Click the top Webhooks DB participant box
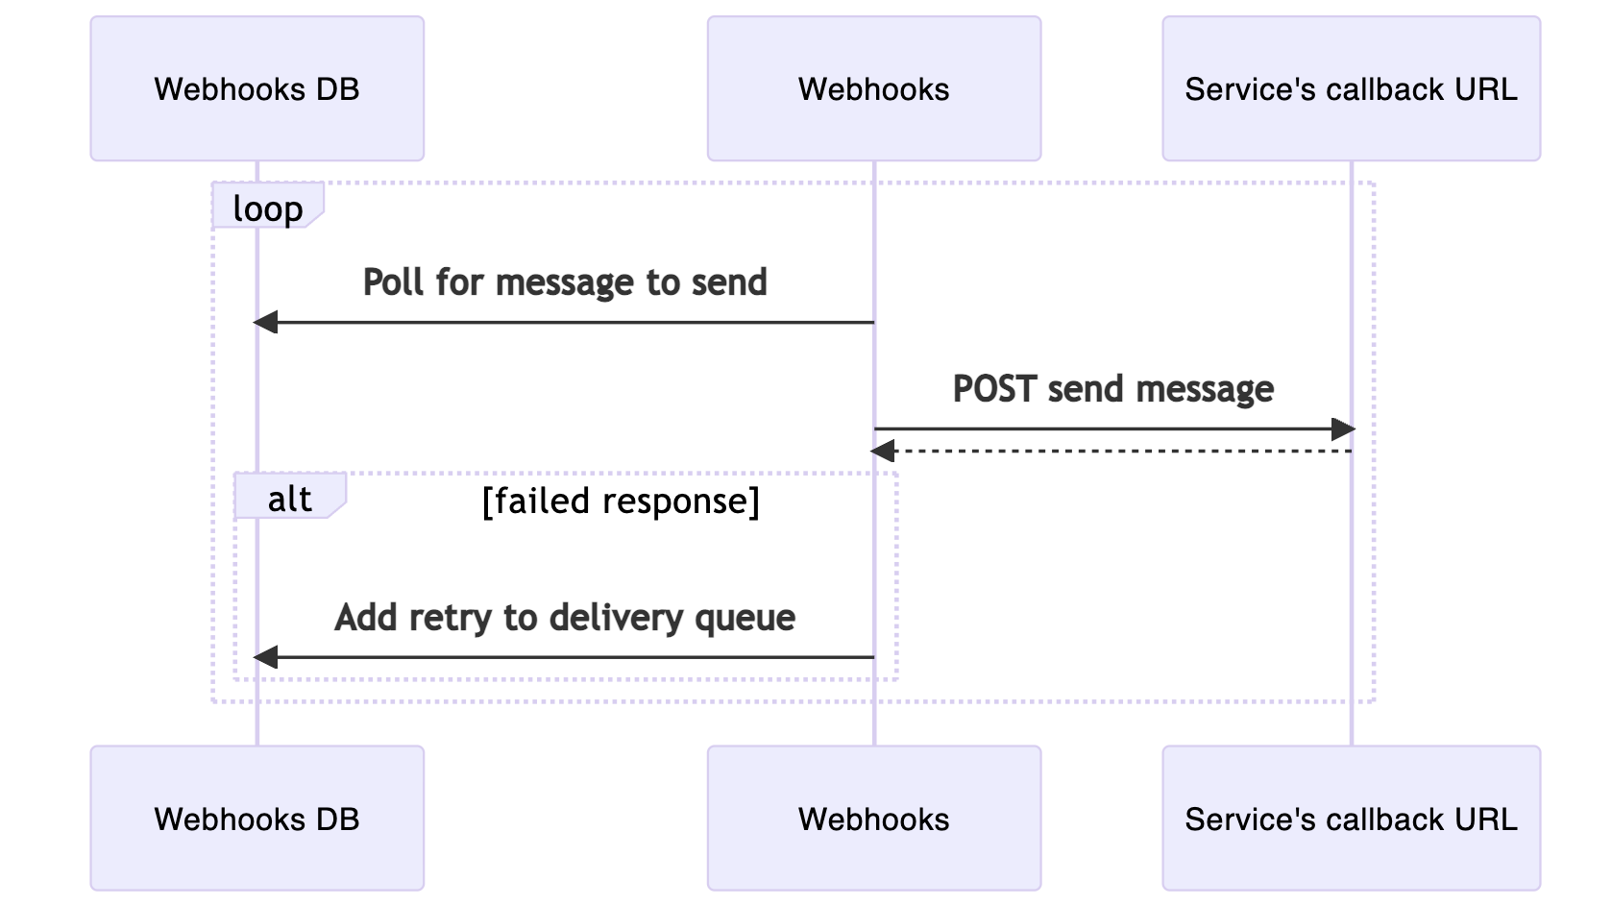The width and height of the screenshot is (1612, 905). (256, 88)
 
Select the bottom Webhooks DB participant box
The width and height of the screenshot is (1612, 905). (256, 819)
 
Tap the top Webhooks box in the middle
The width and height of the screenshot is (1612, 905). (873, 88)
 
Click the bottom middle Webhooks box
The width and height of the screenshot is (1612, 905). (873, 819)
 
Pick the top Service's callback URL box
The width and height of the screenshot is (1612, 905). (1351, 88)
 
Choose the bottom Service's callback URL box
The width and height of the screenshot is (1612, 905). (1351, 819)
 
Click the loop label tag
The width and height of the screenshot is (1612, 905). (267, 208)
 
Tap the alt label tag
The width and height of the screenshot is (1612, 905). (289, 498)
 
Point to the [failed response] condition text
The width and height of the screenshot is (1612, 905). (621, 501)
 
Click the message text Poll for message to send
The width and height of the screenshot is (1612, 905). (565, 282)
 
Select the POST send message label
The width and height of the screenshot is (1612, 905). (1112, 389)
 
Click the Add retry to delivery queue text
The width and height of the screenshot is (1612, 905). (565, 618)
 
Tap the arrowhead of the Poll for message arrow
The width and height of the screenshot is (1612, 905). (266, 323)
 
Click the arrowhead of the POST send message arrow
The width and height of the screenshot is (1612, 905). (1342, 429)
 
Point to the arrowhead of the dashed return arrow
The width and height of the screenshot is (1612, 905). (883, 451)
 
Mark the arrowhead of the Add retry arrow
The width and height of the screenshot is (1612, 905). (266, 657)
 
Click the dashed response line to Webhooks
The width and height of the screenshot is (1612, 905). (1114, 451)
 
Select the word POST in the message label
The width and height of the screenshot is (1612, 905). (995, 389)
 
